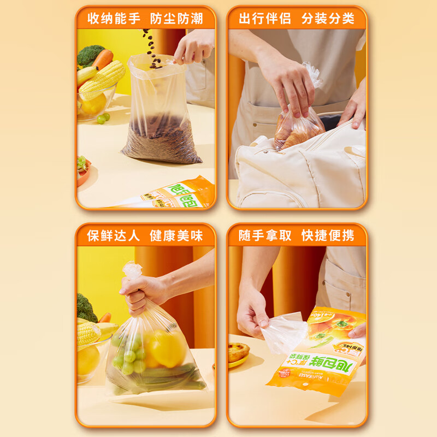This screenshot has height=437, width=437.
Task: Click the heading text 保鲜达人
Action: [114, 235]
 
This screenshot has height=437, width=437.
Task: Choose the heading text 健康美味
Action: [176, 235]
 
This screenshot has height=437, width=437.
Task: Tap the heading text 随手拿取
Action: [265, 235]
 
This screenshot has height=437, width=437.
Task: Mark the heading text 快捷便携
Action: [328, 235]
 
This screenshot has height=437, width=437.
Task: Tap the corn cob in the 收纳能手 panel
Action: [102, 80]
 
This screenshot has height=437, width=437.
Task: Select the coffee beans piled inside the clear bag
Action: [161, 139]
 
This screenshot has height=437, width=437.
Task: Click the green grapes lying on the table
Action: [103, 117]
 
